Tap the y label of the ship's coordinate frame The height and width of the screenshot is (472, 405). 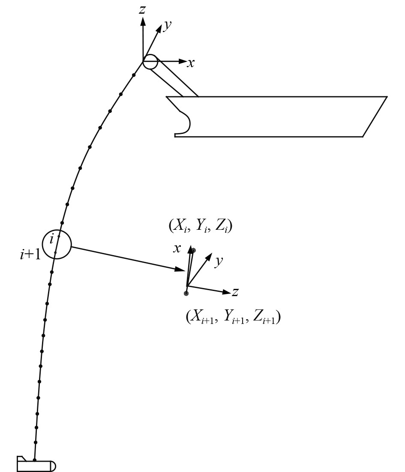coord(168,25)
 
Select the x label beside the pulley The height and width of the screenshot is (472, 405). coord(191,63)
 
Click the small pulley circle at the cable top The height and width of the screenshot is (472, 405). coord(150,62)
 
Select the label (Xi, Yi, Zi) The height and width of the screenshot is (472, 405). coord(201,226)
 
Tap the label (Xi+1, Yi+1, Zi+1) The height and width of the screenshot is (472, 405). coord(233,317)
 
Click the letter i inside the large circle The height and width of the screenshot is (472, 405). coord(52,239)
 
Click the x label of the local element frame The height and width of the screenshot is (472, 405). coord(177,249)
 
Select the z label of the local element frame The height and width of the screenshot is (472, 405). coord(235,293)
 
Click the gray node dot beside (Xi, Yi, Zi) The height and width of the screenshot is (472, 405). coord(194,250)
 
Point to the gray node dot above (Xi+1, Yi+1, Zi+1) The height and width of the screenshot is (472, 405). coord(186,293)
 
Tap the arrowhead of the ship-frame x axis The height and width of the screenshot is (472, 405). coord(183,62)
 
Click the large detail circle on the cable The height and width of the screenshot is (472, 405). coord(57,244)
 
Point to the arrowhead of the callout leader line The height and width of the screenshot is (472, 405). coord(182,269)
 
